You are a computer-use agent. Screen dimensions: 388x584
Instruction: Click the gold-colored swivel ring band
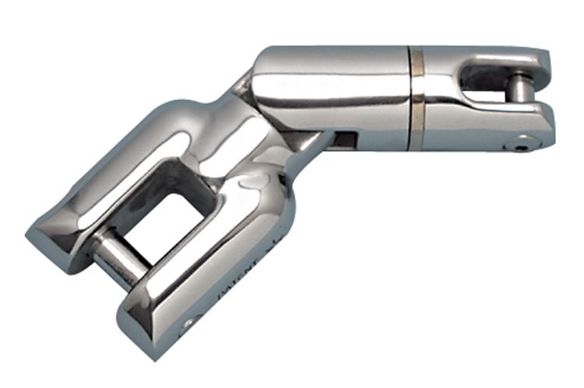pos(419,99)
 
